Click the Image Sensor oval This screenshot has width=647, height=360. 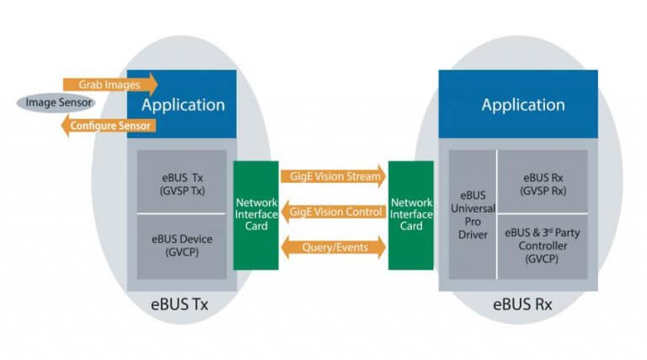[56, 103]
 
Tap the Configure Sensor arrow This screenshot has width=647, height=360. [110, 126]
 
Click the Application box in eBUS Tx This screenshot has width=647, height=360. [183, 105]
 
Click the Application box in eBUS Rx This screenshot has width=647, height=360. [522, 105]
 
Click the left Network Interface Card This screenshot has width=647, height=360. [255, 215]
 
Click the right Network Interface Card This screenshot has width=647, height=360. [411, 215]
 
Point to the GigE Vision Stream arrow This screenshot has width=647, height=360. [333, 176]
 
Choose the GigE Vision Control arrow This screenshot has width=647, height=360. [333, 212]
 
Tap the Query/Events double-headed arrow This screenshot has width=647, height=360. [333, 246]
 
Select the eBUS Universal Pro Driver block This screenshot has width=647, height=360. [473, 215]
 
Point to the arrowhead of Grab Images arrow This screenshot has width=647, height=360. [152, 83]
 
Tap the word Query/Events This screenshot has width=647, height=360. [333, 246]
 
